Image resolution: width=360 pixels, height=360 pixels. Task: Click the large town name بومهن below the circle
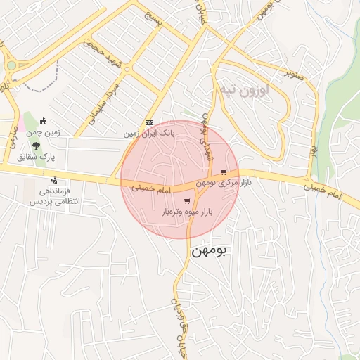[209, 250]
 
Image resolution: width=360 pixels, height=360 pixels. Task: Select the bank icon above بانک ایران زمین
[148, 122]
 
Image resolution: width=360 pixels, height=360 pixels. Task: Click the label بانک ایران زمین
[148, 132]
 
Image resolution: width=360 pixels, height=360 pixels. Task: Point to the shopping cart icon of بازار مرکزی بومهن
[224, 172]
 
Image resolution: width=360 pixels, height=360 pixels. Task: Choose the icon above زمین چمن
[44, 121]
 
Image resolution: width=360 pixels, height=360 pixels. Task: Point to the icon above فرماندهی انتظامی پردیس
[54, 180]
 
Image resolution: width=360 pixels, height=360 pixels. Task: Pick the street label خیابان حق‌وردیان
[176, 326]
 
